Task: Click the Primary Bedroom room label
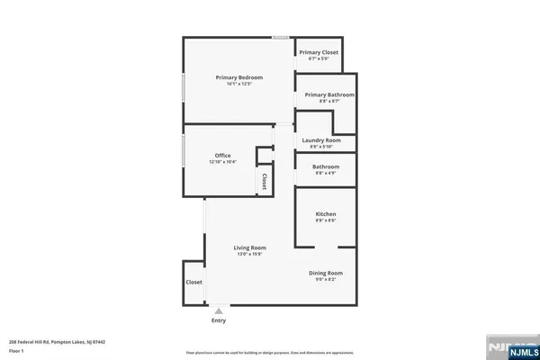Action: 232,77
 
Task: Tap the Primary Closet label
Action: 319,52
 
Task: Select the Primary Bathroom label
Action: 328,94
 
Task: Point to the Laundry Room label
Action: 321,140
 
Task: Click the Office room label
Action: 222,156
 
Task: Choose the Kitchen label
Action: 326,214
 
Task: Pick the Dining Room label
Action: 326,273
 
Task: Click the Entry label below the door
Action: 219,320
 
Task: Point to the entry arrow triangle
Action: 219,310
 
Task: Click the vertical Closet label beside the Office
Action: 265,181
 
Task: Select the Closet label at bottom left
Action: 193,282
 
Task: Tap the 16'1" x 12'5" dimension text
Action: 232,84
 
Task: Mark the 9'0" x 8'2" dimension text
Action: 326,279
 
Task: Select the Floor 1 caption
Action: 17,350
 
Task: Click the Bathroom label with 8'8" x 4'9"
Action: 326,166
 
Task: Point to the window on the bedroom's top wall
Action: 282,38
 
